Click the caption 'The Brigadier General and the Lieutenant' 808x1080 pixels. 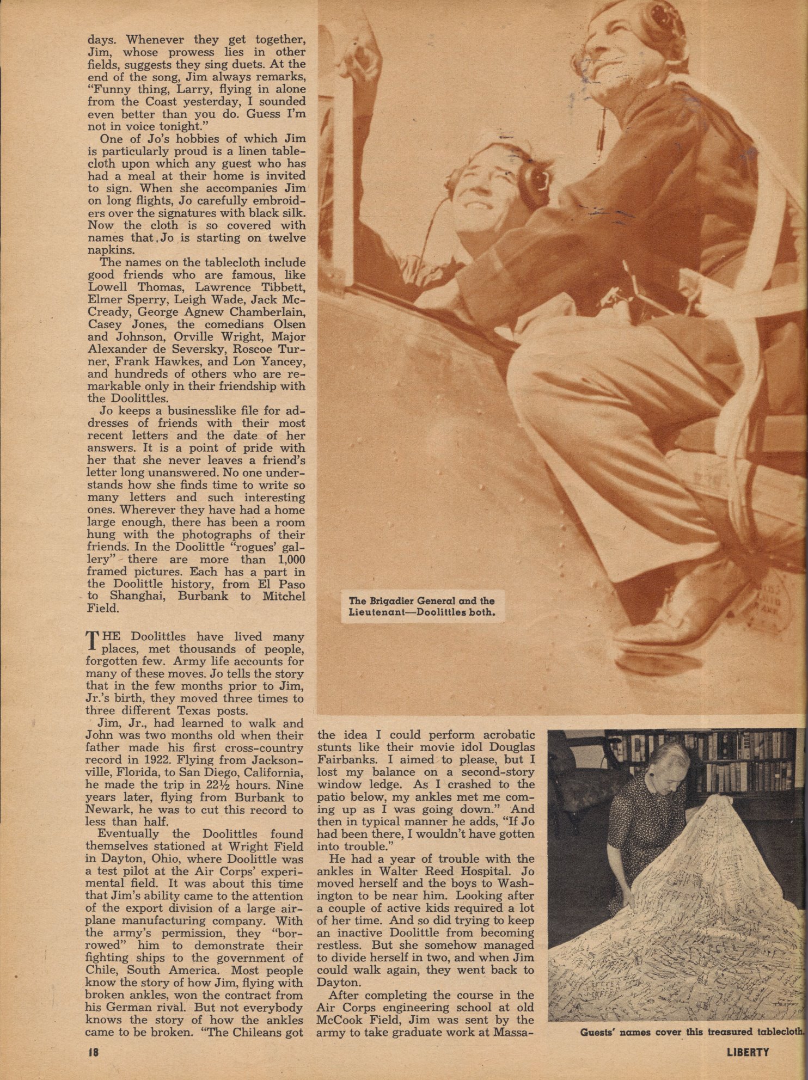coord(422,606)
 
